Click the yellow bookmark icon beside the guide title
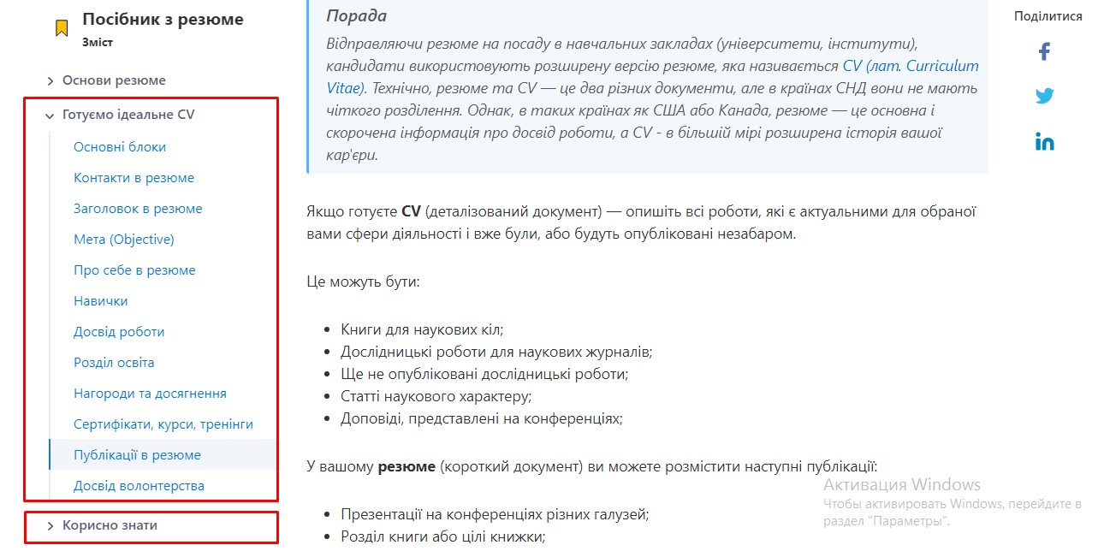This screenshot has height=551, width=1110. coord(62,28)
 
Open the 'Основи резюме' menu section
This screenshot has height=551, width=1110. coord(114,80)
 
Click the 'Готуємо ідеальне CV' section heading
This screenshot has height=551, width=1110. coord(128,115)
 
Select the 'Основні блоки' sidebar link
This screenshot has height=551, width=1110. coord(120,147)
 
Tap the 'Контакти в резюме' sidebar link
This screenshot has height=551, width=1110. coord(134,178)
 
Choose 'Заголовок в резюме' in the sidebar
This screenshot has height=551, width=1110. coord(138,209)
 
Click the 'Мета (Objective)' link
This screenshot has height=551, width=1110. coord(124,240)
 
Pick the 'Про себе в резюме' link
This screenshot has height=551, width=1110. coord(134,270)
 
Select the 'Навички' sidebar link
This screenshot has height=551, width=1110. coord(101,301)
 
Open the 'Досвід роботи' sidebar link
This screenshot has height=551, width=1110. coord(119,332)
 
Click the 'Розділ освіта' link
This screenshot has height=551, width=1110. coord(114,363)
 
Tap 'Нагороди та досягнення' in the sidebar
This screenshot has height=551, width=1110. coord(150,394)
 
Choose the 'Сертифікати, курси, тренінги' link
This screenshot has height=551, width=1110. coord(163,424)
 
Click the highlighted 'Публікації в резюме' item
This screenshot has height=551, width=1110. coord(137,455)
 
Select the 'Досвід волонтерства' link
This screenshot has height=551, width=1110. coord(139,486)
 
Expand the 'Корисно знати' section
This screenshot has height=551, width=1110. coord(110,525)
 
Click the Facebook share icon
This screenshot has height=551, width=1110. coord(1044,51)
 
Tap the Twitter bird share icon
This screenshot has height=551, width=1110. coord(1044,96)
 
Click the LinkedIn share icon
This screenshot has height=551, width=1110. coord(1044,142)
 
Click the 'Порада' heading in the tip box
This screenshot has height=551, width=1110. coord(356,16)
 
